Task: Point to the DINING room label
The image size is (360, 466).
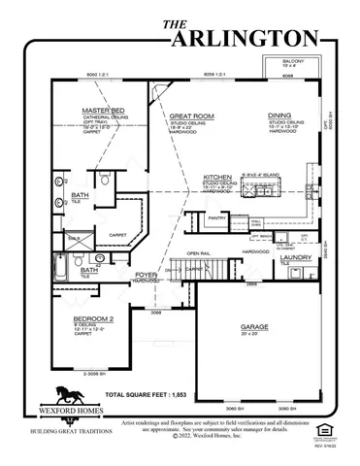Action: (280, 114)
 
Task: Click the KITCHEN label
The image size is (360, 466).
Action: (217, 178)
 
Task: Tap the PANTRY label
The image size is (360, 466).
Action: (216, 218)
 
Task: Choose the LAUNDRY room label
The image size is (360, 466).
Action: (295, 256)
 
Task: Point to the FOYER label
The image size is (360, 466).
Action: (146, 275)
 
